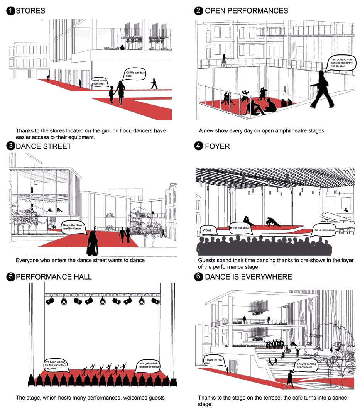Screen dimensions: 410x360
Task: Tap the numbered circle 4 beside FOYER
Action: [198, 146]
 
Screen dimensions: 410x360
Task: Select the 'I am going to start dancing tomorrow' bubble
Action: [341, 63]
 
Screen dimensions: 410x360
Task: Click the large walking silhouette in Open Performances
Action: [323, 89]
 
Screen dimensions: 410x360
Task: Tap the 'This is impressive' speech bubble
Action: [323, 230]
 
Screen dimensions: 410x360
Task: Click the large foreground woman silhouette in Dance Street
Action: [92, 243]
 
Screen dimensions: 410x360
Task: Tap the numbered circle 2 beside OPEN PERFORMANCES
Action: [198, 11]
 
